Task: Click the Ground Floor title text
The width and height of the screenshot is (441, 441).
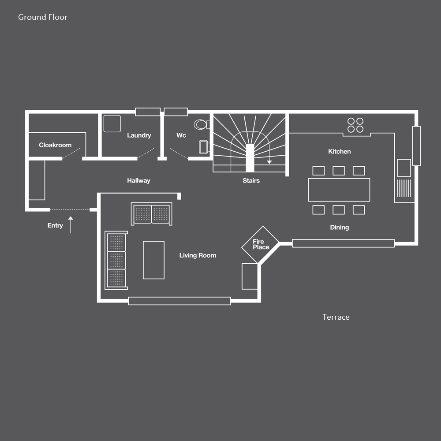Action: coord(43,17)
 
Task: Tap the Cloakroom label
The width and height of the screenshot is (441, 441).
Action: coord(55,145)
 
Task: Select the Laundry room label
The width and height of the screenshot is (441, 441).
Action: coord(139,135)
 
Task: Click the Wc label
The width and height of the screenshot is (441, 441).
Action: coord(181,135)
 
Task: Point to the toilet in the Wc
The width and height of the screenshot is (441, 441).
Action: coord(202,124)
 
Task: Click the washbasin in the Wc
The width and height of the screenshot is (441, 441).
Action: coord(204,147)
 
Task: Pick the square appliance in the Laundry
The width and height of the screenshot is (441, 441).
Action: coord(112,123)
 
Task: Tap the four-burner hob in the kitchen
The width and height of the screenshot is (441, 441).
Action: coord(355,125)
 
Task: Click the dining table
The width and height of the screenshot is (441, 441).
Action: coord(339,190)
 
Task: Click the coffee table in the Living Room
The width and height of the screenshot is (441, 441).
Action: coord(153,260)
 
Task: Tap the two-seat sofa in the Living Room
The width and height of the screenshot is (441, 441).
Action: coord(152,214)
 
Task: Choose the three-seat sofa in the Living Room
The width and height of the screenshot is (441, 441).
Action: coord(116,261)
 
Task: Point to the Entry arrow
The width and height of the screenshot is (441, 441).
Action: coord(71,225)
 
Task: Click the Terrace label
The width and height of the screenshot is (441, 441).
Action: coord(336,317)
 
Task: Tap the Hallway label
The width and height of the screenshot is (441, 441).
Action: coord(138,180)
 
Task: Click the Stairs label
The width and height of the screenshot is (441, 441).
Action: coord(251,180)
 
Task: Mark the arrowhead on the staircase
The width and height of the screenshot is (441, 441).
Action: coord(269,162)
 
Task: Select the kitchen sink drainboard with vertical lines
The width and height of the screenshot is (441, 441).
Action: coord(404,188)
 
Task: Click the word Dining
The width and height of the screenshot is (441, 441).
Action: coord(340,228)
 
